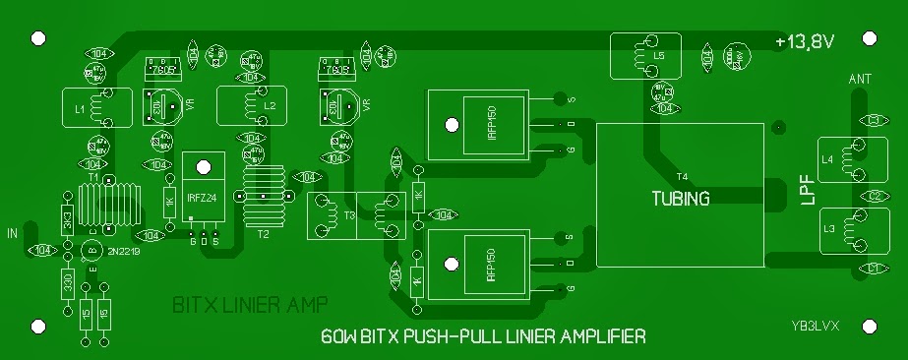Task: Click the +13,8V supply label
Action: (x=804, y=41)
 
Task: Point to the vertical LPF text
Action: (x=807, y=191)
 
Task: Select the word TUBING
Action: (x=680, y=197)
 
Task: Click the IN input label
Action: (x=13, y=233)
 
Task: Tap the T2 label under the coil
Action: (x=263, y=235)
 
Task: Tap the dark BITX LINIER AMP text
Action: (x=250, y=303)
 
